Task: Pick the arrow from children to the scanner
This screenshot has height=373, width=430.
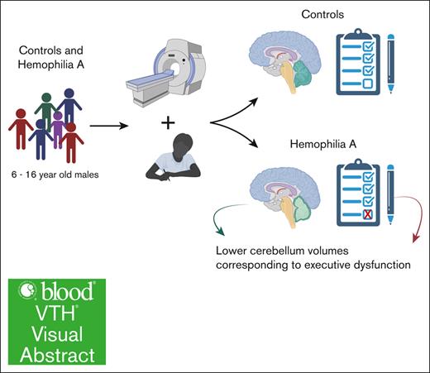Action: click(x=107, y=127)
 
